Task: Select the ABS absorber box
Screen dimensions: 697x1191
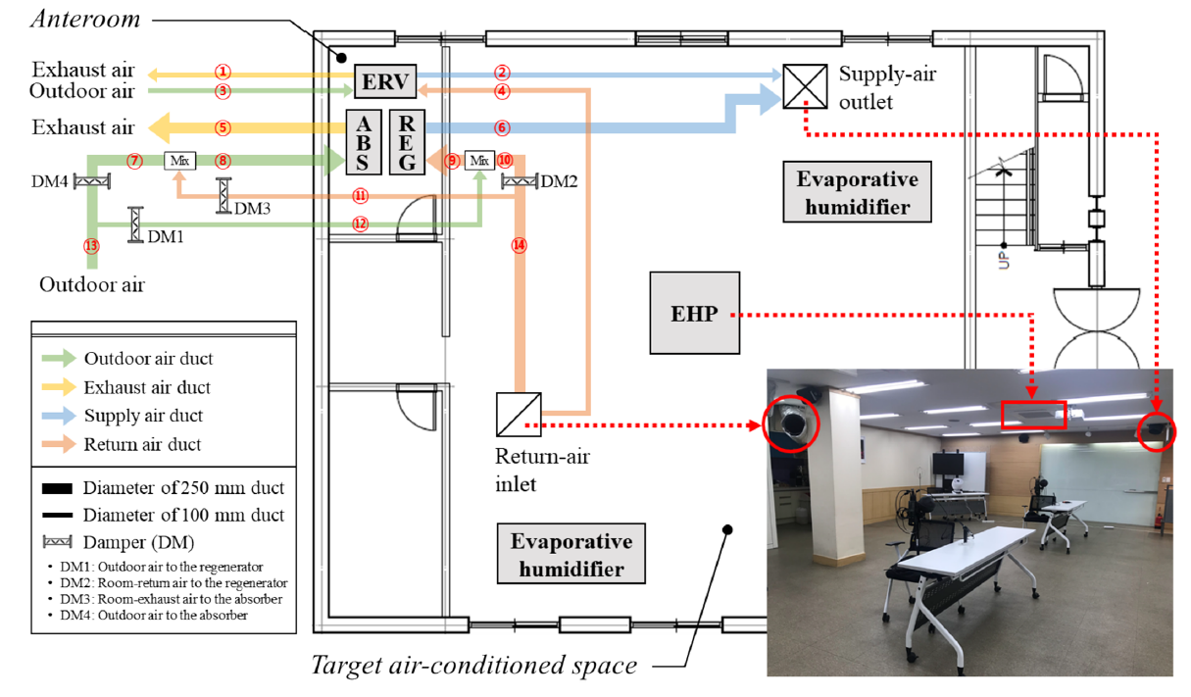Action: point(364,142)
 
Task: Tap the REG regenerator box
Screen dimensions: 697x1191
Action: point(407,142)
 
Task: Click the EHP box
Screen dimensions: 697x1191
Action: point(694,313)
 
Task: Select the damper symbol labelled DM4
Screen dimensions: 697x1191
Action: point(95,180)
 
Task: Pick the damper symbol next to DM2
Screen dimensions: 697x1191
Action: point(519,181)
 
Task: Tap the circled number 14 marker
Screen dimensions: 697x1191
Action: point(520,246)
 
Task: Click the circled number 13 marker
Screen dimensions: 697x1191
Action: point(92,245)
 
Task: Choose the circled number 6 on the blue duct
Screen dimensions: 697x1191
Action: point(502,127)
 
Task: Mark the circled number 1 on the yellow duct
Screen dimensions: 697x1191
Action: point(223,72)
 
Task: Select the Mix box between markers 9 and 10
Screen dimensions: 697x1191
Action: point(479,160)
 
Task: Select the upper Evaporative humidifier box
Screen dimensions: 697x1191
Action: point(857,193)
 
